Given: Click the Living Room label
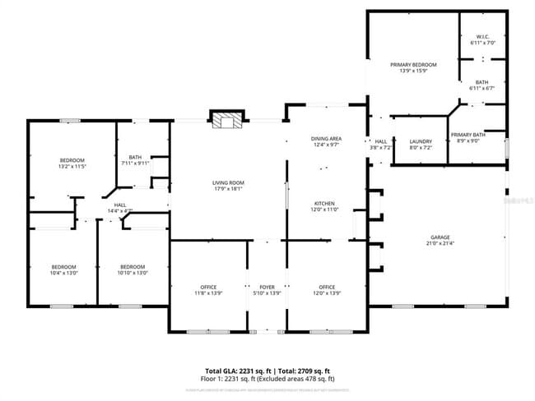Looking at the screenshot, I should (x=228, y=182).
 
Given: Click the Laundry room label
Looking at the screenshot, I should (x=421, y=141).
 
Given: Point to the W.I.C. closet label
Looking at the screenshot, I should (x=482, y=37).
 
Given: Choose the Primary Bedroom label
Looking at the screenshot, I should (x=413, y=64).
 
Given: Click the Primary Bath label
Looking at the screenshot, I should (x=468, y=135).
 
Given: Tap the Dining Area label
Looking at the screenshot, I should (x=326, y=138).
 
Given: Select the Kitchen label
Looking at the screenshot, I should (x=324, y=203).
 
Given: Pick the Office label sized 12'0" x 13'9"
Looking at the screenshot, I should (x=327, y=287).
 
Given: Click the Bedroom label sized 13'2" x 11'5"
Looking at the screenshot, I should (x=72, y=159).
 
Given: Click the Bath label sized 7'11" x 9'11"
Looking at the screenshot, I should (x=136, y=157).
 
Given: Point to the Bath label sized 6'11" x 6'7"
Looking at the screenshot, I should (x=482, y=82).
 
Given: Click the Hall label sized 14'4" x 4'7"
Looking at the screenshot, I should (x=119, y=205).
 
